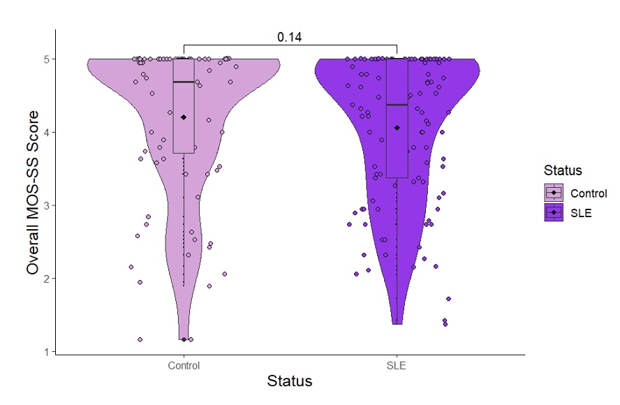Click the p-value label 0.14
289,37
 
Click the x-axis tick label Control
184,366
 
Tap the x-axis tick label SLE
397,366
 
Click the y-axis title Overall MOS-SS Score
31,205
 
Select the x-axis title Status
290,381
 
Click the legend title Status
563,170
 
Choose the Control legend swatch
554,193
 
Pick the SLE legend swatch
554,213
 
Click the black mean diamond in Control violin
184,117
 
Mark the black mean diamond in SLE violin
397,128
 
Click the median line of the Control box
184,82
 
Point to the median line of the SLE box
397,105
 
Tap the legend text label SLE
581,213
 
